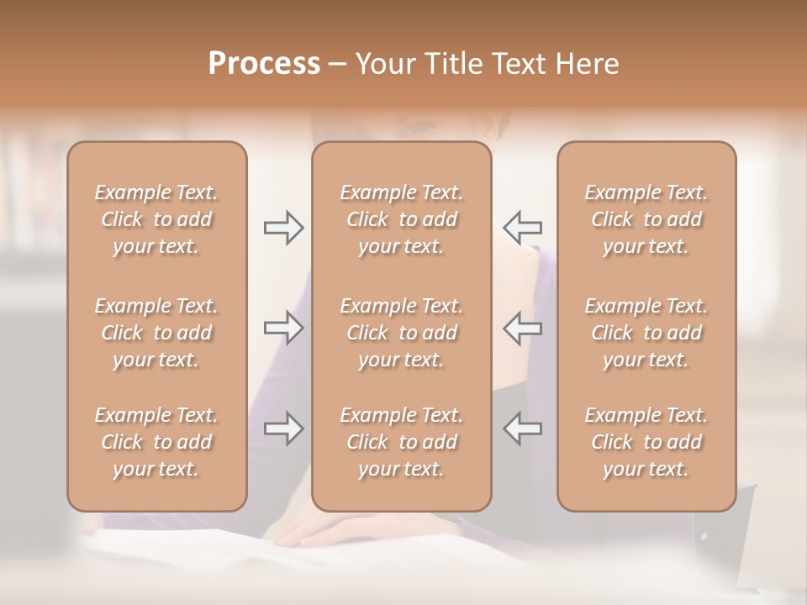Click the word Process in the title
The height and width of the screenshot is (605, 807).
click(264, 64)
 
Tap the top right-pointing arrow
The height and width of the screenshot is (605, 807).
click(283, 228)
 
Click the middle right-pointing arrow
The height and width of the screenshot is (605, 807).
click(283, 328)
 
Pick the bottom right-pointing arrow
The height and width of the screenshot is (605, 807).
click(283, 429)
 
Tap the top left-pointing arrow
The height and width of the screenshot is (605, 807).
click(522, 228)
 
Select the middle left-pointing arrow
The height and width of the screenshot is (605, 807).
click(522, 328)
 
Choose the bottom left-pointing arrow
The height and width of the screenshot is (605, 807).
click(522, 429)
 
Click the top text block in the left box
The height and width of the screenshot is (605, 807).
click(156, 219)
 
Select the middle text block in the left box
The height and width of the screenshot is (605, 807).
click(156, 333)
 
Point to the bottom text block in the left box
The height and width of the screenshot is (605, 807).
click(156, 442)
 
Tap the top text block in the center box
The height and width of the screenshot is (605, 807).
click(401, 219)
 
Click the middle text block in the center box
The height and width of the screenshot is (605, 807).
click(401, 333)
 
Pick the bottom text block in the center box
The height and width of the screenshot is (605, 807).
click(401, 442)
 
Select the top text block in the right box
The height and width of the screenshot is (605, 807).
click(646, 219)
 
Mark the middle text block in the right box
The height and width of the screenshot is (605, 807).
click(646, 333)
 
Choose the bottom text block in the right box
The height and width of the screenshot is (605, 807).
click(646, 442)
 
